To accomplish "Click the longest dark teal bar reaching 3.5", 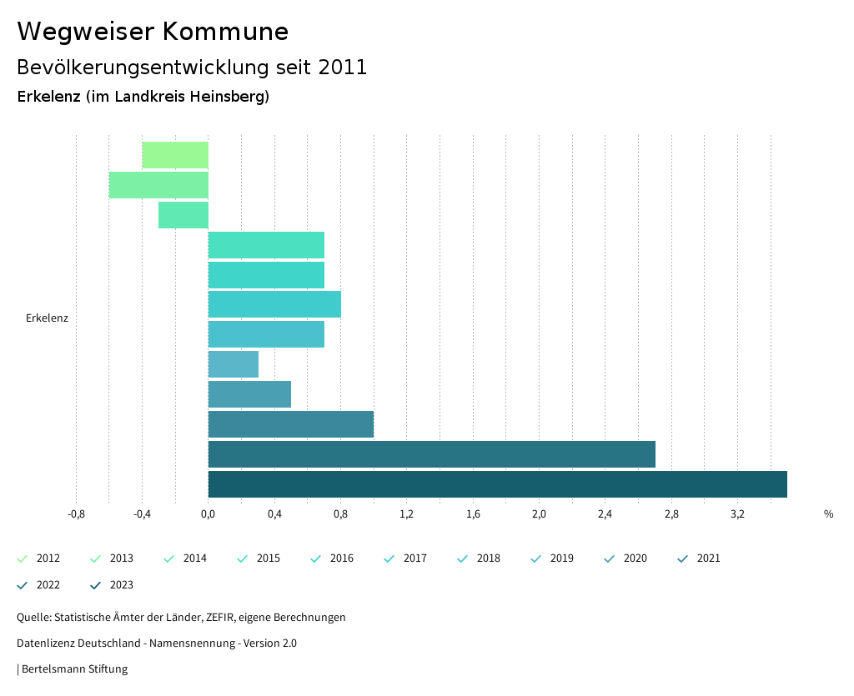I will pos(497,484).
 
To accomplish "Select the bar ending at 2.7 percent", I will pos(431,454).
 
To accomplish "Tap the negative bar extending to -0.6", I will pos(158,185).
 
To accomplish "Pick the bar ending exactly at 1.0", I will pos(290,424).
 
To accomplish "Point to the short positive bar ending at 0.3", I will pos(233,364).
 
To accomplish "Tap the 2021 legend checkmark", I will pos(682,558).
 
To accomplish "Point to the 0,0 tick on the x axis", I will pos(208,514).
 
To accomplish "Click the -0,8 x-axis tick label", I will pos(76,514).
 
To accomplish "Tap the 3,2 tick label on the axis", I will pos(737,514).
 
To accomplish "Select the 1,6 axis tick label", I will pos(473,514).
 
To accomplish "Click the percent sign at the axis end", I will pos(828,514).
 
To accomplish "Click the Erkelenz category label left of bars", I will pos(47,318).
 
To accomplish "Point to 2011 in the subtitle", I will pos(343,68).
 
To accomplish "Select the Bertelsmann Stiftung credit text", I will pos(74,669).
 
